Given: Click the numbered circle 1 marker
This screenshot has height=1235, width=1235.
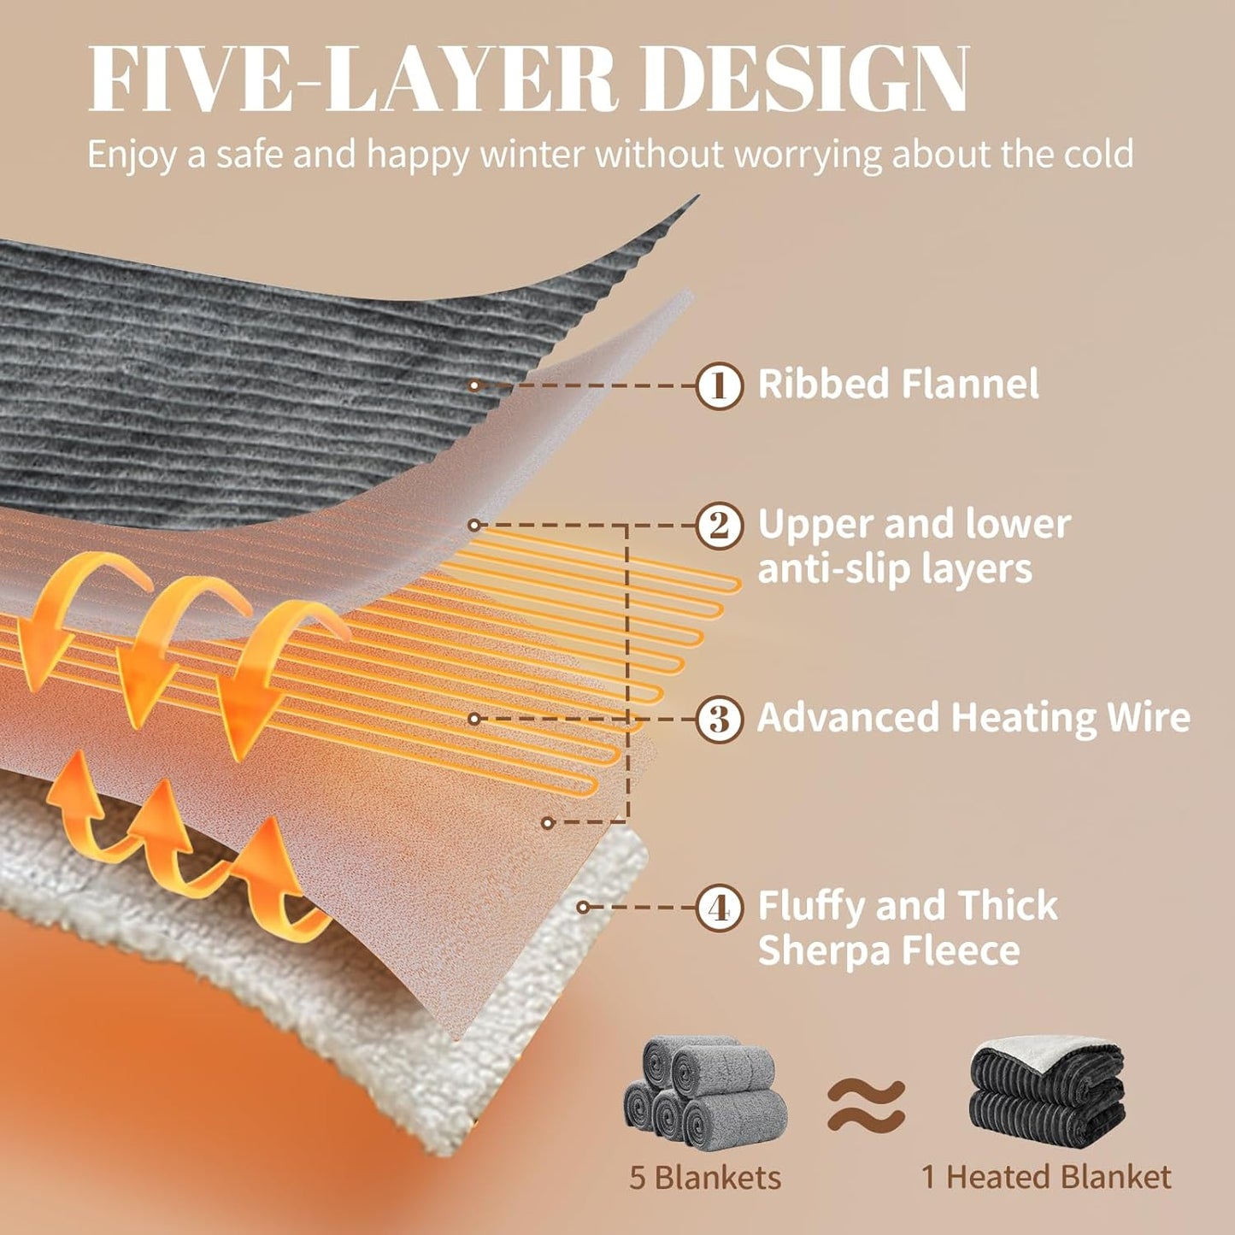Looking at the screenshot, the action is pyautogui.click(x=720, y=385).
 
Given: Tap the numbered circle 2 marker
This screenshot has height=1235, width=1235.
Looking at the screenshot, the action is pyautogui.click(x=720, y=526).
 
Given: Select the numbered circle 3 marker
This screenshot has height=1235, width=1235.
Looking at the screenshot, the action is pyautogui.click(x=720, y=719).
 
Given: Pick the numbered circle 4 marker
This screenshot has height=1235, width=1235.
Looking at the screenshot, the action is pyautogui.click(x=720, y=908).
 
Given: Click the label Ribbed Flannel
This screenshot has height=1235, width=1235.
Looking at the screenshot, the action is pyautogui.click(x=898, y=384).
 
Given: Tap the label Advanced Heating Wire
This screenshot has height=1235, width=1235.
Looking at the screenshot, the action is pyautogui.click(x=973, y=717).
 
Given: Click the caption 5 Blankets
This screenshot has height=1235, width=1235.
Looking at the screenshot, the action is pyautogui.click(x=705, y=1178).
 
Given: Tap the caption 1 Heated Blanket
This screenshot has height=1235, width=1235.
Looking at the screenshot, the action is pyautogui.click(x=1046, y=1178).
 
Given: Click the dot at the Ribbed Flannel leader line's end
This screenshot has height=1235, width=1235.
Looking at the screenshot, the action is pyautogui.click(x=474, y=385).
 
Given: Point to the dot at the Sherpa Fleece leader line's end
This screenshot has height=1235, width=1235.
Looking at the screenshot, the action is pyautogui.click(x=583, y=908).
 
